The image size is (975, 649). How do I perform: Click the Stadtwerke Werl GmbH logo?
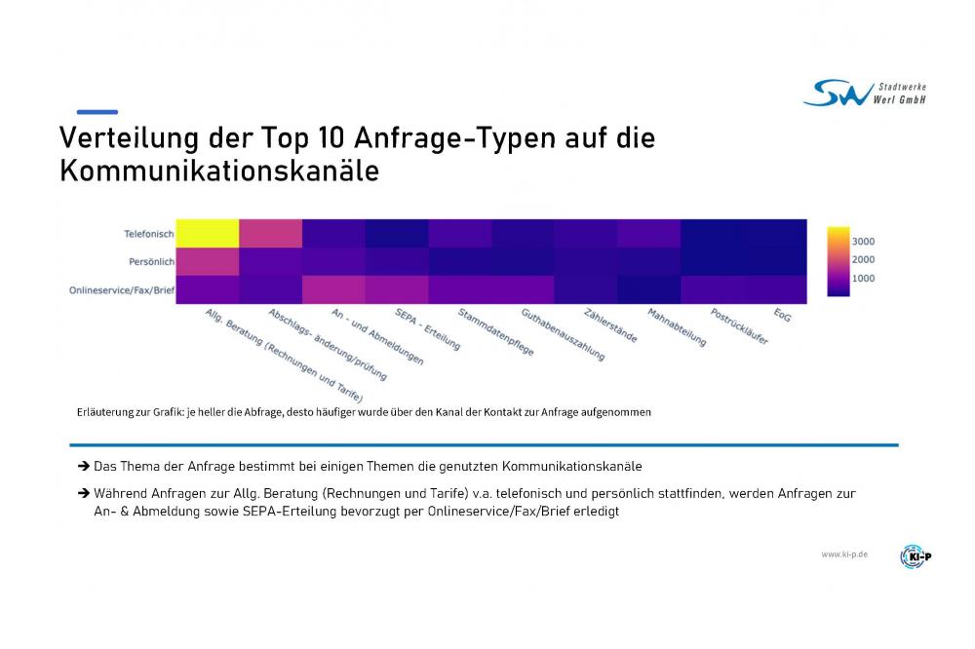point(864,93)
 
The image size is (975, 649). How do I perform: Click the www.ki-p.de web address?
point(843,554)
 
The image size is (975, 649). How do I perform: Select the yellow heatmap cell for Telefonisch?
point(207,234)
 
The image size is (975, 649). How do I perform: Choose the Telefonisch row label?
point(148,234)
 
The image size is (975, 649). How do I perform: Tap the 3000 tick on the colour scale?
point(863,242)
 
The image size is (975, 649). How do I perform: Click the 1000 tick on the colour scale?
point(863,279)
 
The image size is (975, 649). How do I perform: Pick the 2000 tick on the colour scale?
point(863,260)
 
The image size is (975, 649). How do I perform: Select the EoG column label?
point(782,316)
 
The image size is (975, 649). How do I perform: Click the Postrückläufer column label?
point(739,327)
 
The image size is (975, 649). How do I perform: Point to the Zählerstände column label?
point(610,326)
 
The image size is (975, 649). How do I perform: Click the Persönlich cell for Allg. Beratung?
point(207,262)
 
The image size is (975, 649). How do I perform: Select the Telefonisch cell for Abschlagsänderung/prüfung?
point(270,234)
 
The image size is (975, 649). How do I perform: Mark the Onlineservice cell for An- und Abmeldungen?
point(333,290)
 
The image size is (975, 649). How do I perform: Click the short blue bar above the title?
point(97,112)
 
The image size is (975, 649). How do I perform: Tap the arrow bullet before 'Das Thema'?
point(84,467)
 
